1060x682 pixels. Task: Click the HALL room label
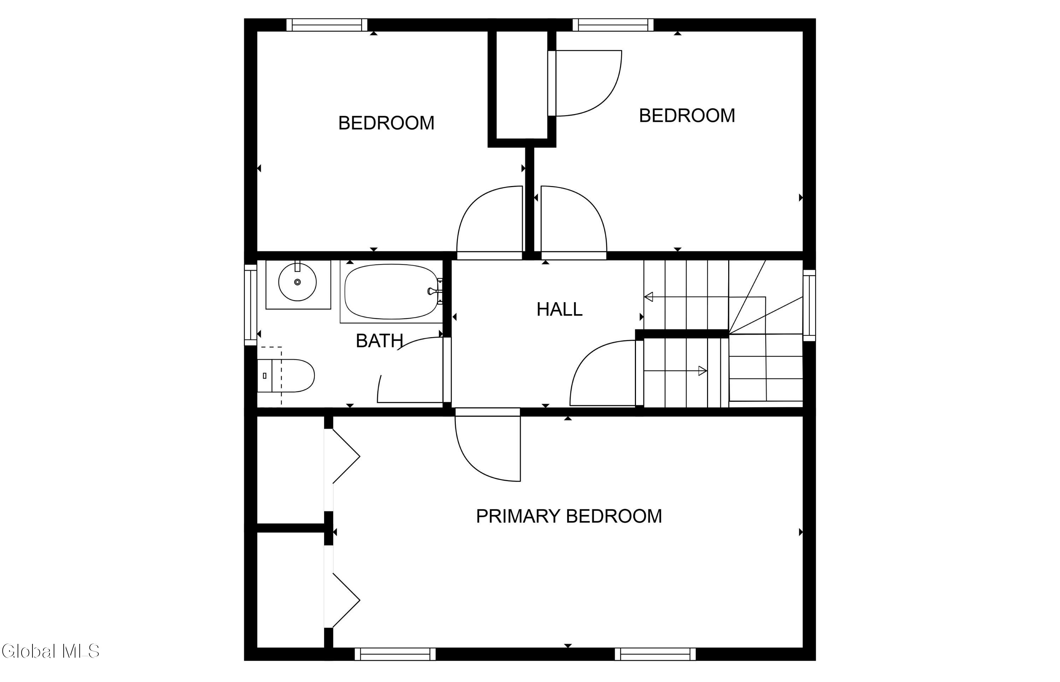[x=559, y=309]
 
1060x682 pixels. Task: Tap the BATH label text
[x=379, y=341]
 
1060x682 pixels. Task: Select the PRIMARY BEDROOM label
[x=569, y=516]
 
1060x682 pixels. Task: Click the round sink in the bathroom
[x=298, y=282]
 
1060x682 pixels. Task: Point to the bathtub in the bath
[x=391, y=291]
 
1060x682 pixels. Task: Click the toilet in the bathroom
[x=286, y=376]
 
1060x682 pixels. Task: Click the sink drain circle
[x=298, y=282]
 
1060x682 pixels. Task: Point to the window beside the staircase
[x=809, y=305]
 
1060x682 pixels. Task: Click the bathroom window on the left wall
[x=251, y=305]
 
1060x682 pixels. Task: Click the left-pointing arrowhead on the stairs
[x=648, y=297]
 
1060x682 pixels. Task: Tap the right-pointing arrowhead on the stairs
[x=703, y=371]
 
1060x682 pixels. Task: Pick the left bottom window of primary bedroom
[x=395, y=654]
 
